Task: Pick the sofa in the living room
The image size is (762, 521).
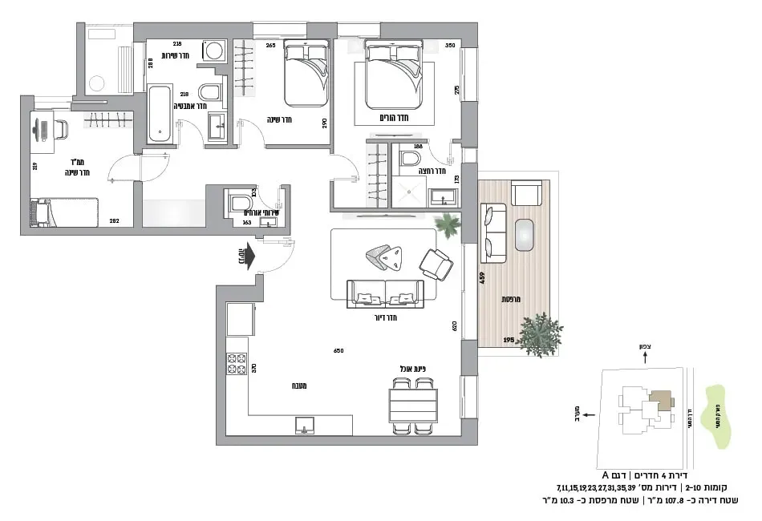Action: point(384,294)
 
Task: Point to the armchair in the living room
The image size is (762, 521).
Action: point(436,264)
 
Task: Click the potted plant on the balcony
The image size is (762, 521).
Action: point(539,334)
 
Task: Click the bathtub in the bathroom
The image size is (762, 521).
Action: point(159,115)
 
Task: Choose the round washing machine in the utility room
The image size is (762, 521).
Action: point(214,52)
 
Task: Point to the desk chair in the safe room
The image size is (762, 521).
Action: point(60,129)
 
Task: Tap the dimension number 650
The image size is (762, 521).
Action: point(338,350)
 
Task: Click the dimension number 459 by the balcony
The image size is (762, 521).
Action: point(482,278)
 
